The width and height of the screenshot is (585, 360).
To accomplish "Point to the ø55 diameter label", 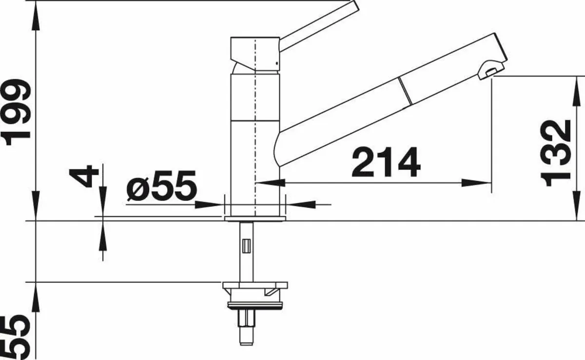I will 160,186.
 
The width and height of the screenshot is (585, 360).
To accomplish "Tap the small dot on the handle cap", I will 276,62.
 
